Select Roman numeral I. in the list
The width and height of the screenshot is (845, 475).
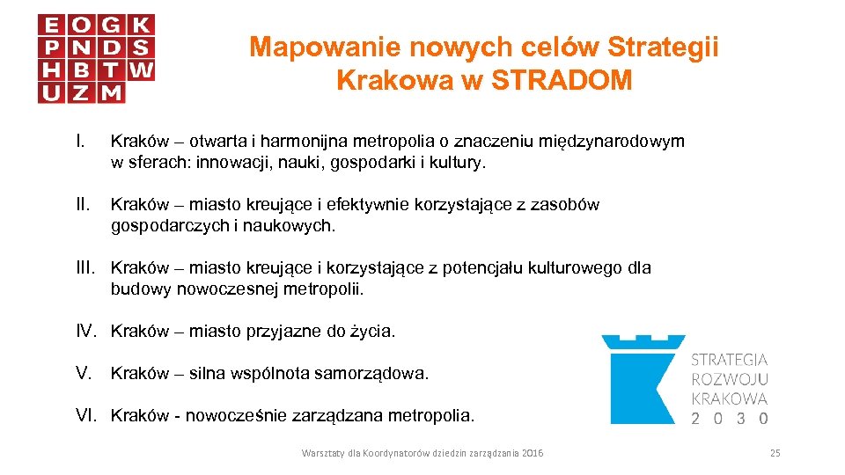(x=80, y=142)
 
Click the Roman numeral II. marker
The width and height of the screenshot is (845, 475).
(x=83, y=205)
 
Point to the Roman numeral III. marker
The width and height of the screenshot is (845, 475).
(x=86, y=268)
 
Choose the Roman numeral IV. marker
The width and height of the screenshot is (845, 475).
(x=86, y=332)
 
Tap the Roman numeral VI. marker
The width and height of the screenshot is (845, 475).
(x=86, y=415)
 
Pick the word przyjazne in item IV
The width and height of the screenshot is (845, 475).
(x=285, y=332)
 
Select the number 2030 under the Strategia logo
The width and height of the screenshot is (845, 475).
(x=730, y=419)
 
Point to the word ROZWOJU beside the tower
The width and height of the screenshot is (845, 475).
(x=730, y=379)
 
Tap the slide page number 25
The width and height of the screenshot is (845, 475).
(x=775, y=453)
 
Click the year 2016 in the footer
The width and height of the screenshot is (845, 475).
(x=533, y=453)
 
